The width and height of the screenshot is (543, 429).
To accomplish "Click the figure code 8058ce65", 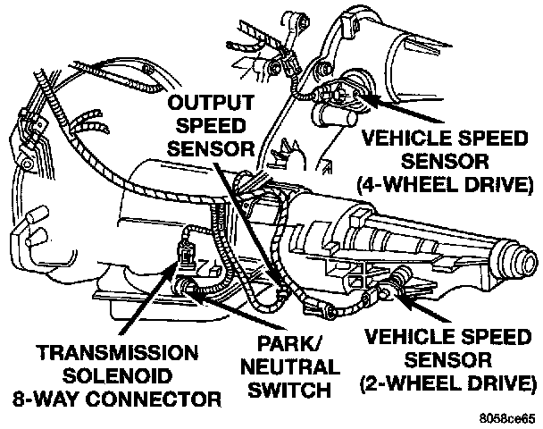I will [x=513, y=416].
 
